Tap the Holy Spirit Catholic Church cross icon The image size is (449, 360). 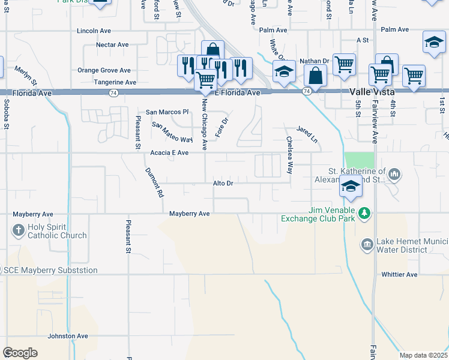(19, 229)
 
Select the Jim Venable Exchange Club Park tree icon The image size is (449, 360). (364, 213)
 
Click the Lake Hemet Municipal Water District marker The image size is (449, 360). (367, 244)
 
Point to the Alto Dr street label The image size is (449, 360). (223, 183)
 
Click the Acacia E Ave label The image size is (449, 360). (169, 153)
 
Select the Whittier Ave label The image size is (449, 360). (399, 274)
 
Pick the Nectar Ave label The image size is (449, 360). (112, 44)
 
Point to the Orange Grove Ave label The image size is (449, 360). (104, 70)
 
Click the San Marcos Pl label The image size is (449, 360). (167, 112)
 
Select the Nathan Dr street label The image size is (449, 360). (315, 61)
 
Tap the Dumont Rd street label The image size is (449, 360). (154, 182)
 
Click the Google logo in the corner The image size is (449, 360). (20, 352)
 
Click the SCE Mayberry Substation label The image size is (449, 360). (51, 271)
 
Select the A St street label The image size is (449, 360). (362, 40)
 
